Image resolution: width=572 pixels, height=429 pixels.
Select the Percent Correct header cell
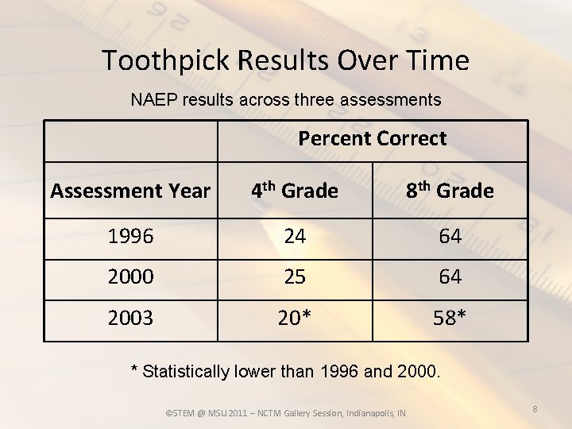click(372, 138)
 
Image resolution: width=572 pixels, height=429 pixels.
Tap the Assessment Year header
click(130, 191)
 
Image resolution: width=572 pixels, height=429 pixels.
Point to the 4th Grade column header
click(295, 191)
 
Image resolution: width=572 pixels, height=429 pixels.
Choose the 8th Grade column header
click(450, 191)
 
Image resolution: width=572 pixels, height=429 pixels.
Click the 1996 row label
click(130, 237)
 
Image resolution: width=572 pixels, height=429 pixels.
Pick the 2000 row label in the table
click(130, 277)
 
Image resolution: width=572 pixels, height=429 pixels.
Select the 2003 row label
click(130, 318)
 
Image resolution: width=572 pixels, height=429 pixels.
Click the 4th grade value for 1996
click(294, 237)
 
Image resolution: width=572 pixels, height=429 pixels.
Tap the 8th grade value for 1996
click(450, 237)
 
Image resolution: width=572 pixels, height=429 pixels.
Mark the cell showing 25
click(294, 277)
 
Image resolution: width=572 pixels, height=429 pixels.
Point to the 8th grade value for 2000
click(450, 277)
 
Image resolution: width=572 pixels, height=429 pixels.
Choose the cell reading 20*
click(294, 318)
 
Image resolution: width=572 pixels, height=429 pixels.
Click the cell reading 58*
click(450, 318)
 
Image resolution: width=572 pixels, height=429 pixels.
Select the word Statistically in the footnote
click(185, 371)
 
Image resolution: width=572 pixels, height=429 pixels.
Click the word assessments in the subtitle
click(392, 100)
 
